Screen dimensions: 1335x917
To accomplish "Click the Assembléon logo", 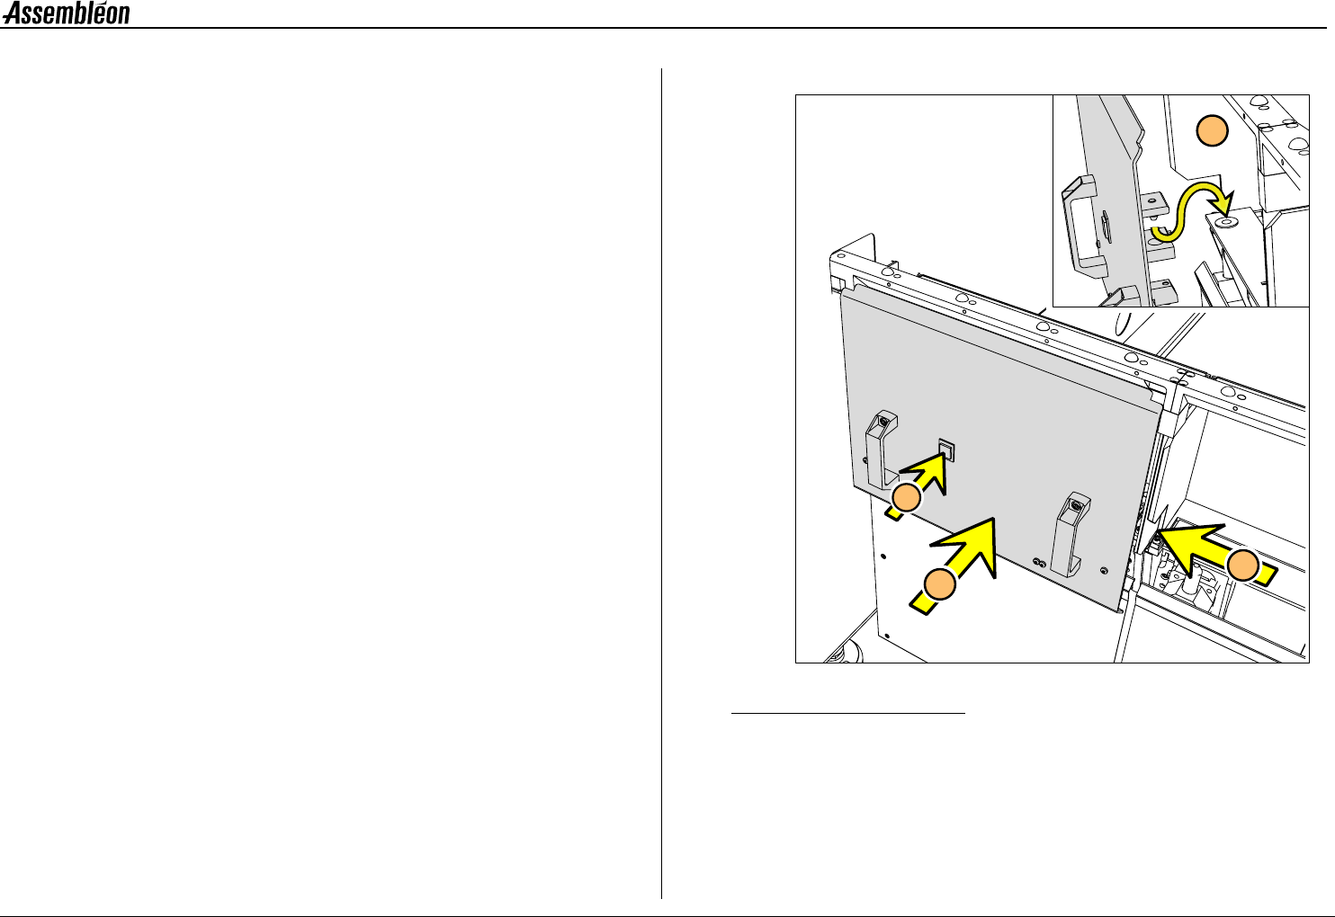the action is tap(66, 13).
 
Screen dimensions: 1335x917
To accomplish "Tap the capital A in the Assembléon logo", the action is tap(13, 13).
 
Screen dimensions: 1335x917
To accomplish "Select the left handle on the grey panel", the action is tap(882, 450).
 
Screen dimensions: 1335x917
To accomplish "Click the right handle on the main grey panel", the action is tap(1071, 533).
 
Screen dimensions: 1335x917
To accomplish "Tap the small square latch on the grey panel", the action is tap(946, 450).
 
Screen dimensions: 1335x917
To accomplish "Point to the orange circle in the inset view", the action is tap(1213, 130).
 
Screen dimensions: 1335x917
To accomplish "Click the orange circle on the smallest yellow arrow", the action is tap(907, 498).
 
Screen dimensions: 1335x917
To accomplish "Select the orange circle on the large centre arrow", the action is tap(940, 584).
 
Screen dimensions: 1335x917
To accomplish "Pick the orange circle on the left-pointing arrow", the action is tap(1243, 565).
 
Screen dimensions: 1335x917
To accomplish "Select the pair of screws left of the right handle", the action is tap(1039, 562).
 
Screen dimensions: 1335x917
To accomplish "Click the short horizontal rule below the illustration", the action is tap(847, 712).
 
